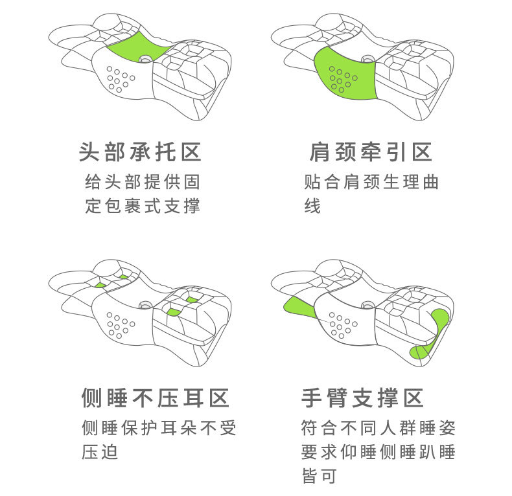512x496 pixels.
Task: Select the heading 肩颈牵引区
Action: (371, 152)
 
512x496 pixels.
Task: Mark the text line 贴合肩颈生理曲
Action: (371, 181)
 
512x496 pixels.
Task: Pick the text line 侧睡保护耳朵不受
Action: (159, 427)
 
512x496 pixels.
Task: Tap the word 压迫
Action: (100, 452)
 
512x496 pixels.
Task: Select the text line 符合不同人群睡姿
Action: (378, 427)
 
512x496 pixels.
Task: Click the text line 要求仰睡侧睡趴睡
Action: (378, 452)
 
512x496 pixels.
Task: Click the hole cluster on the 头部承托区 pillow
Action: (119, 77)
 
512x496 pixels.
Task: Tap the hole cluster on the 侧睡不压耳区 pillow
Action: (119, 324)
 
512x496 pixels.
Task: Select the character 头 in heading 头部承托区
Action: (89, 152)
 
